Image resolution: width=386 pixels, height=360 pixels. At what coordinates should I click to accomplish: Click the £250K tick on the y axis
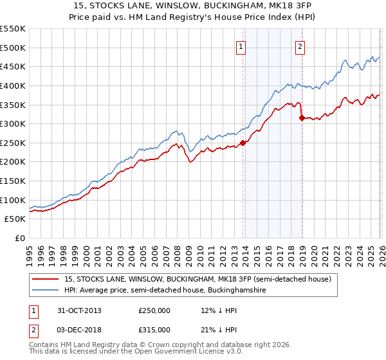click(13, 143)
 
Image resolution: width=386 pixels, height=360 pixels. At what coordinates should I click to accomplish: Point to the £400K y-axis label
click(13, 85)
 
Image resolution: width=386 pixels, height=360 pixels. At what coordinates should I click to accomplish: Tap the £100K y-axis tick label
click(13, 200)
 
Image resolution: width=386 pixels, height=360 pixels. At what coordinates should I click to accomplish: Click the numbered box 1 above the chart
click(241, 46)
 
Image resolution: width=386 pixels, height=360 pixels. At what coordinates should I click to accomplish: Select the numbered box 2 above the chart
click(300, 46)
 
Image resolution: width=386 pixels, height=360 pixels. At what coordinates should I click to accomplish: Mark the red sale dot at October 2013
click(243, 143)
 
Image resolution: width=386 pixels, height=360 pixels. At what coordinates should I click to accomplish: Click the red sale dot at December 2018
click(302, 118)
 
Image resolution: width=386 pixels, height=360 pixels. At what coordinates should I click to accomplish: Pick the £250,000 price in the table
click(154, 310)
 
